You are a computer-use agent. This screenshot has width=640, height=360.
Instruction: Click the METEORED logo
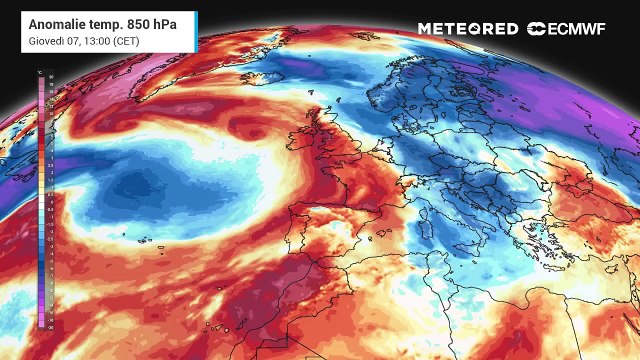tap(467, 29)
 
